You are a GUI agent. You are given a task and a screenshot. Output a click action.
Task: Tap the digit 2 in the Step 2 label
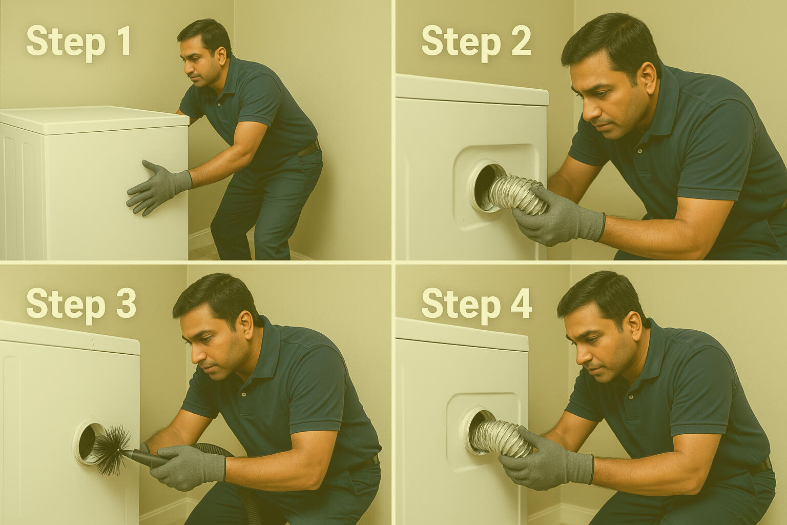[x=521, y=41]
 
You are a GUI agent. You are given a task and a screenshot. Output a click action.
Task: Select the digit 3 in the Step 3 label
[x=126, y=303]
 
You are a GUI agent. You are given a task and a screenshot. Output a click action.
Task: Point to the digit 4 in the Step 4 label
[x=522, y=303]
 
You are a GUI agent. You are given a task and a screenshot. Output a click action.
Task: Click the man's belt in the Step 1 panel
[x=309, y=148]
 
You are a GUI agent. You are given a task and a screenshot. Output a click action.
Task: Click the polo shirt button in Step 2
[x=640, y=151]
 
